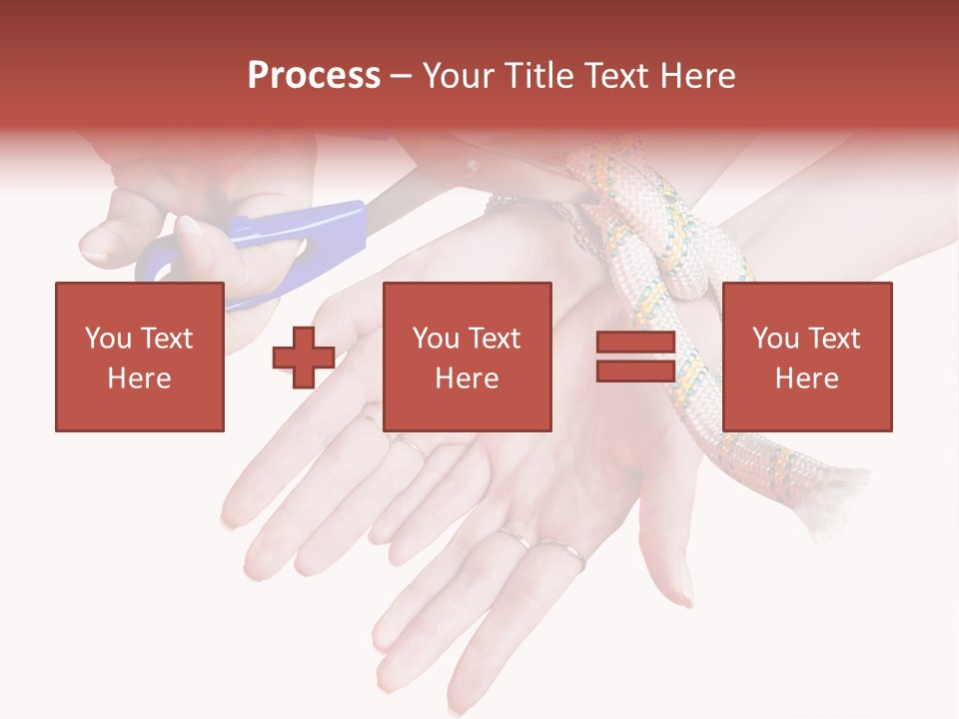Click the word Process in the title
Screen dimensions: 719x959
pyautogui.click(x=314, y=76)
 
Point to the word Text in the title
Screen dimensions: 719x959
pyautogui.click(x=618, y=76)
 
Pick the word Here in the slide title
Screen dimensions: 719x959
pyautogui.click(x=699, y=76)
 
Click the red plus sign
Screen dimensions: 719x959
pyautogui.click(x=304, y=358)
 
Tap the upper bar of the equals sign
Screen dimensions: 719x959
pyautogui.click(x=636, y=343)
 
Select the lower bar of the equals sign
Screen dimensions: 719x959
pyautogui.click(x=636, y=371)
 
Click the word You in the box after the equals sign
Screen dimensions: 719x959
pyautogui.click(x=776, y=339)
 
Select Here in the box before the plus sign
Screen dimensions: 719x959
pyautogui.click(x=140, y=378)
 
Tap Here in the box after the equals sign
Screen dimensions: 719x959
pyautogui.click(x=807, y=378)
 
